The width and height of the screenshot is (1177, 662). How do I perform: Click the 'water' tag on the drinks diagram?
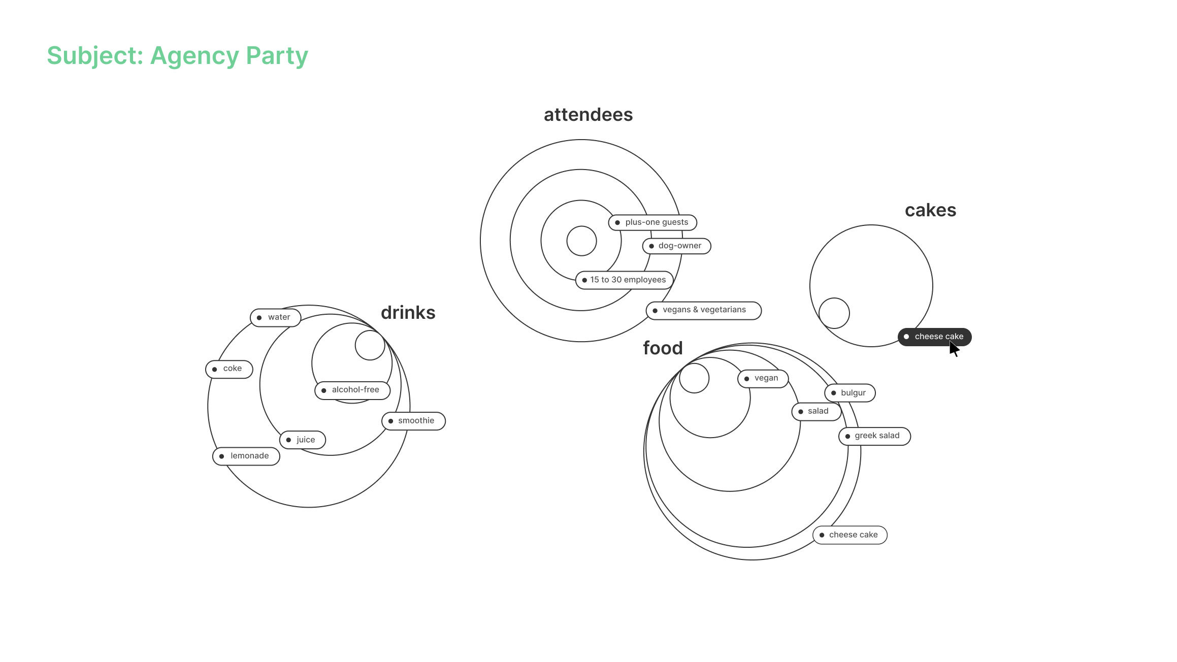click(276, 317)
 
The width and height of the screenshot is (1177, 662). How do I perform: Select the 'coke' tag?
click(229, 369)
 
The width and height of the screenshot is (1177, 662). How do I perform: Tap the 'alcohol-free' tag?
click(352, 390)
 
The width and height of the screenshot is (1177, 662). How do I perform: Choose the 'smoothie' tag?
click(413, 421)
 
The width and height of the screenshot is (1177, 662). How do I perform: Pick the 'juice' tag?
click(303, 440)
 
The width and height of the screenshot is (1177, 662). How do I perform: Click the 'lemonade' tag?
click(246, 456)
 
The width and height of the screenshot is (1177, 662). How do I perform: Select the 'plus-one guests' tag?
click(652, 222)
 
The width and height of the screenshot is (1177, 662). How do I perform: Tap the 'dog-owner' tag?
click(677, 246)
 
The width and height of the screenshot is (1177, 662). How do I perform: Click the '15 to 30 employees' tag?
click(625, 280)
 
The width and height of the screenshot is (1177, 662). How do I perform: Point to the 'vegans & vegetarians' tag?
click(704, 310)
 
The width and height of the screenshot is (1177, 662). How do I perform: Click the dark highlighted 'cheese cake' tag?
click(934, 337)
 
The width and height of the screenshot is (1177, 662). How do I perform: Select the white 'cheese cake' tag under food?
click(850, 535)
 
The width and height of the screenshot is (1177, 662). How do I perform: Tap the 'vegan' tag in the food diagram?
click(763, 378)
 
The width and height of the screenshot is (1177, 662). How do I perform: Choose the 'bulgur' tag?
click(850, 393)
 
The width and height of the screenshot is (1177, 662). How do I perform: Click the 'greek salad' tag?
click(874, 436)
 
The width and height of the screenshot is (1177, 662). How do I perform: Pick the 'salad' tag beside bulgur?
click(816, 411)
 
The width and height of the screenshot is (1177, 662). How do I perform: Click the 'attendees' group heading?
click(588, 115)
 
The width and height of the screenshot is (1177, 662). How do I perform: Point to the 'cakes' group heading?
click(930, 210)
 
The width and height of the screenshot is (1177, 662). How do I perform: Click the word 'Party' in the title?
click(277, 56)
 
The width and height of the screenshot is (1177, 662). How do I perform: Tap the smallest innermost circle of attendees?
click(581, 241)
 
